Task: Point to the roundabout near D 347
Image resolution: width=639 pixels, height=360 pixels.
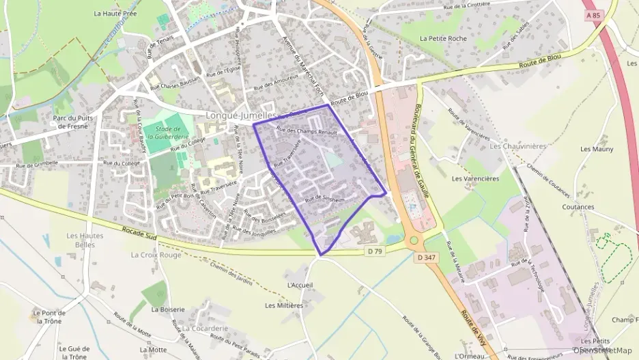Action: coord(414,241)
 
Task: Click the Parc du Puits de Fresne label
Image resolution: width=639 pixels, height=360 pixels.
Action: coord(73,122)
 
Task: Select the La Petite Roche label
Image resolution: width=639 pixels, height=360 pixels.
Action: coord(443,39)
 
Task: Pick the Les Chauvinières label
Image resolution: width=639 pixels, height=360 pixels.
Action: coord(514,146)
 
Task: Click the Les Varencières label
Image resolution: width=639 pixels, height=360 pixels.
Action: coord(476,178)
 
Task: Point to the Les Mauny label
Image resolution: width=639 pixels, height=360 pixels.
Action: coord(597,149)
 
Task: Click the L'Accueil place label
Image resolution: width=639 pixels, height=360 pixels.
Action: coord(300,284)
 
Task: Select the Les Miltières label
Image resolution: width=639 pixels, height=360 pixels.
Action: coord(284,305)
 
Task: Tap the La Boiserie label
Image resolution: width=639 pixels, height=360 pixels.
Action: coord(168,309)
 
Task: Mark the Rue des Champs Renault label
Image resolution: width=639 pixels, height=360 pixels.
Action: coord(307,130)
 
